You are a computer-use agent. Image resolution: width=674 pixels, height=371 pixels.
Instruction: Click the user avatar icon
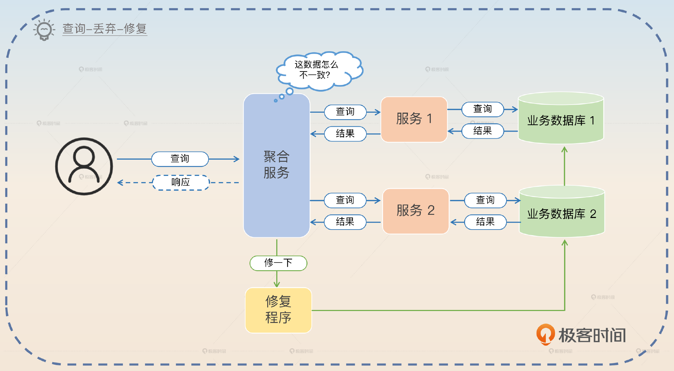pyautogui.click(x=84, y=166)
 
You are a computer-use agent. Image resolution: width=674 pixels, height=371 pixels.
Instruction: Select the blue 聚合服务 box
pyautogui.click(x=277, y=165)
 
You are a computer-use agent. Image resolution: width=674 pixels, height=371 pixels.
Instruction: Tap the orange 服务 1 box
pyautogui.click(x=414, y=119)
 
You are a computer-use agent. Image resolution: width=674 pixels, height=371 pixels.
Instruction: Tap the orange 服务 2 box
pyautogui.click(x=416, y=211)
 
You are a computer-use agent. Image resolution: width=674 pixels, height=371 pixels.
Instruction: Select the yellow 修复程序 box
pyautogui.click(x=278, y=310)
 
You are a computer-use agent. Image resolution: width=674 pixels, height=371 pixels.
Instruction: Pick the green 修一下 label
pyautogui.click(x=278, y=263)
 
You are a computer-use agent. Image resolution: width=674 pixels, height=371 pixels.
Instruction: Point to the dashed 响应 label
pyautogui.click(x=181, y=183)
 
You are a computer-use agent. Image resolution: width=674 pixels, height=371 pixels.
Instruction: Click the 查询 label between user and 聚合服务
pyautogui.click(x=180, y=159)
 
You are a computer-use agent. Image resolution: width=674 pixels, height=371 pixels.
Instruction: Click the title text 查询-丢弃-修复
pyautogui.click(x=105, y=28)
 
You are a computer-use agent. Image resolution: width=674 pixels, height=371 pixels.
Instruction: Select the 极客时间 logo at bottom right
pyautogui.click(x=581, y=335)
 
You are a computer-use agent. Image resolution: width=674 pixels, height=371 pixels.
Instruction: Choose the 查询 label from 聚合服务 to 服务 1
pyautogui.click(x=345, y=112)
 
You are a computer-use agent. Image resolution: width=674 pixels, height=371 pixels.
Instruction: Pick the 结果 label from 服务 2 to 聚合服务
pyautogui.click(x=345, y=222)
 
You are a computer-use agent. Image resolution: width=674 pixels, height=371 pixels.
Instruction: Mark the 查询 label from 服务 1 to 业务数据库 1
pyautogui.click(x=483, y=109)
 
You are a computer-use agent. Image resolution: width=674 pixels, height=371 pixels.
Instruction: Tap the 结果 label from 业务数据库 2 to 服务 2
pyautogui.click(x=485, y=222)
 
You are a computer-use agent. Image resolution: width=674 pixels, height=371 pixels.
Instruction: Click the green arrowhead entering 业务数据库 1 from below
pyautogui.click(x=564, y=150)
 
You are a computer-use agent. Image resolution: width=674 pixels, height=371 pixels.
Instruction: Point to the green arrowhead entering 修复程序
pyautogui.click(x=277, y=284)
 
